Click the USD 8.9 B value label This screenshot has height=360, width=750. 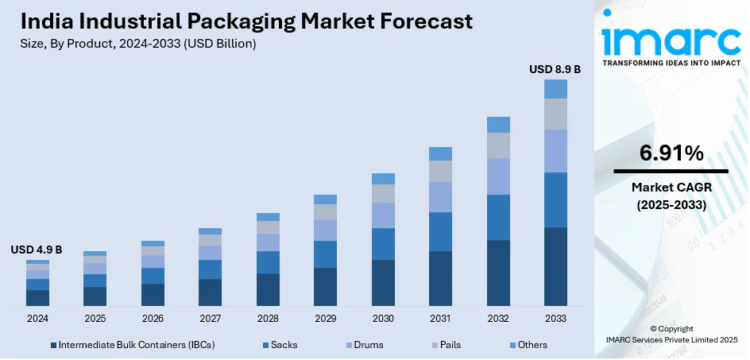555,70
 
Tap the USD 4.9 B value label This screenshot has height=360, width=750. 36,250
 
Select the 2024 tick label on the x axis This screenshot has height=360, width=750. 37,318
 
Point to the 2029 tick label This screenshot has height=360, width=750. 326,318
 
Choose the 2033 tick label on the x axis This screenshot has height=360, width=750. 555,318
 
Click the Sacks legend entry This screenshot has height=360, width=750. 284,345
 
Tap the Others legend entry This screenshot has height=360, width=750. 532,345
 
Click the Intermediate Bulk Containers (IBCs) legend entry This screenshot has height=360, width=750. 136,345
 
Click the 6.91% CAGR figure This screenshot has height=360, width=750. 671,153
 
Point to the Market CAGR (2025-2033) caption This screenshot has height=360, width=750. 671,195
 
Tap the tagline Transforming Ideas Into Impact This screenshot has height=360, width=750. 671,63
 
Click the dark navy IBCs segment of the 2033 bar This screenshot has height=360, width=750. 555,266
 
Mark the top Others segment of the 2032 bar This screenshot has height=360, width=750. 498,125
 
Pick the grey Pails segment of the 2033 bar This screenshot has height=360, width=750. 555,114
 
